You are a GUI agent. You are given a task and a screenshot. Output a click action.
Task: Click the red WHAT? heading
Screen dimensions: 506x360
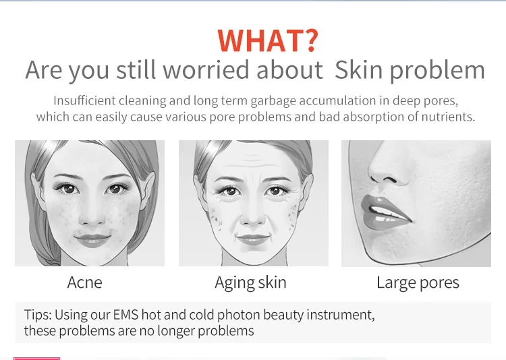coord(268,40)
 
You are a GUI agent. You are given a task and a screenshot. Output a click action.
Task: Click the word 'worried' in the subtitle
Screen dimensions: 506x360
coord(206,69)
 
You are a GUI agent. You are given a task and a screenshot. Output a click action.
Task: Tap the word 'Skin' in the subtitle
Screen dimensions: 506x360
coord(358,69)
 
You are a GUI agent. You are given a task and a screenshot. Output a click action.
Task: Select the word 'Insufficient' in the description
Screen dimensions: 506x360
coord(84,100)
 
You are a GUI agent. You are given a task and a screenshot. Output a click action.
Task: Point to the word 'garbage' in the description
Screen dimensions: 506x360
coord(273,101)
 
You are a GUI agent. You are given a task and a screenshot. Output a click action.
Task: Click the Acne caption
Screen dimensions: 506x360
coord(84,282)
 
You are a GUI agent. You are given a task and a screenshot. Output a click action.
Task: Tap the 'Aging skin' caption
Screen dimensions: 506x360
coord(250,283)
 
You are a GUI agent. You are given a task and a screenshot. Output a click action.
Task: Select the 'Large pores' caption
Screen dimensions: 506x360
coord(418,283)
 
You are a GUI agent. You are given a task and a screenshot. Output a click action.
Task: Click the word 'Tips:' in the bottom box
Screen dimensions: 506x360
coord(38,315)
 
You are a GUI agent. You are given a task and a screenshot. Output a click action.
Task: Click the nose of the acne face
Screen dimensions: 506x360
coord(92,214)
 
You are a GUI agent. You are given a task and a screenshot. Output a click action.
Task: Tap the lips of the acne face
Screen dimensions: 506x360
coord(92,240)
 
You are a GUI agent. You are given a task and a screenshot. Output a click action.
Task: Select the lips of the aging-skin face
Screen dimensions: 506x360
coord(253,240)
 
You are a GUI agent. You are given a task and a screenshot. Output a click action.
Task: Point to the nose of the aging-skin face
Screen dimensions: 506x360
coord(253,214)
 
